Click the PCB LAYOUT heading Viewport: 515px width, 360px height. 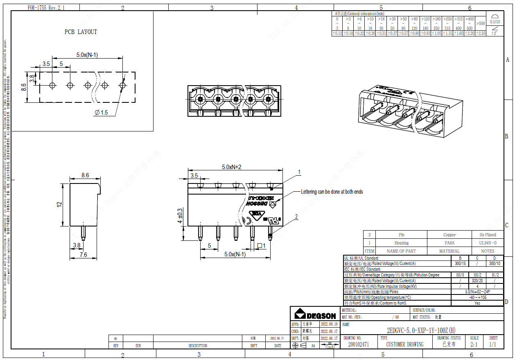coord(81,32)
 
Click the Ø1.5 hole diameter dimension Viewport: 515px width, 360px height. coord(101,112)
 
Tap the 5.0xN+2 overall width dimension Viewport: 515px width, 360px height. coord(232,167)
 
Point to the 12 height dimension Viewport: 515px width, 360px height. coord(59,204)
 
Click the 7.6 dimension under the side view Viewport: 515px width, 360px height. coord(83,255)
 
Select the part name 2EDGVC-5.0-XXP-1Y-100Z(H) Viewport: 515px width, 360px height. coord(421,331)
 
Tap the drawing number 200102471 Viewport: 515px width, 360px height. coord(358,344)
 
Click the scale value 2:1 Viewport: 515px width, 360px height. coord(474,344)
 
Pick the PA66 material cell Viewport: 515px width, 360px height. coord(449,243)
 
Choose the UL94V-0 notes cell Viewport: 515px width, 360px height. coord(488,243)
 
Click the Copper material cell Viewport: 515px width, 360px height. coord(449,235)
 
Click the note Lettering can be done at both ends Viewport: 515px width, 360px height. coord(332,192)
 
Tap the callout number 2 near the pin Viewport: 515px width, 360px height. coord(296,217)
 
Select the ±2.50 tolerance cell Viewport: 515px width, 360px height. coord(480,34)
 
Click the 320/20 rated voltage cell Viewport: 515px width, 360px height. coord(477,281)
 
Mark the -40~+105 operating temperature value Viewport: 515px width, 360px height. coord(477,297)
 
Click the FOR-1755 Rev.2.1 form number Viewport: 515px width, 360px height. coord(46,8)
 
